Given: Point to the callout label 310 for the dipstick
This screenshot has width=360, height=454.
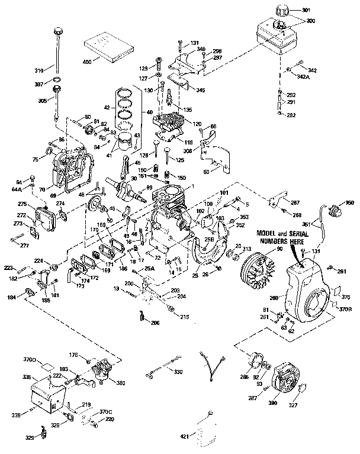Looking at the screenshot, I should coord(38,71).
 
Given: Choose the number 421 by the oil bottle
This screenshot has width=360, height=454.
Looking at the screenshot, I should coord(184,437).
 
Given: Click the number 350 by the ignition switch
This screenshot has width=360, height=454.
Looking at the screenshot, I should coord(349,203).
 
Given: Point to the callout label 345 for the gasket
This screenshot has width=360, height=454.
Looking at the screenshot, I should coord(201,90).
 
